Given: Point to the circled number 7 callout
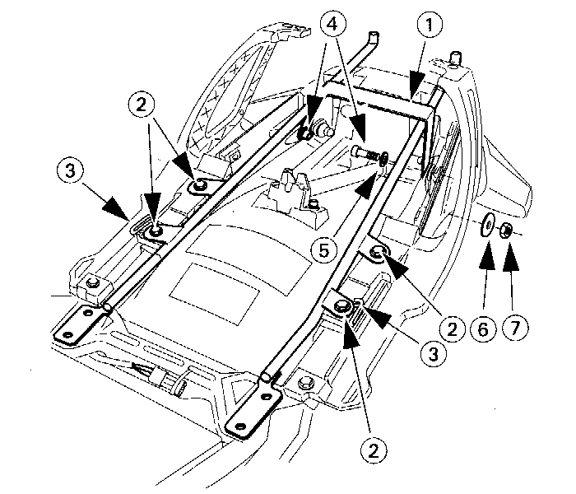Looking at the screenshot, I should (x=515, y=329).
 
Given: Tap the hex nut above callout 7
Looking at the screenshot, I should (x=508, y=227).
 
